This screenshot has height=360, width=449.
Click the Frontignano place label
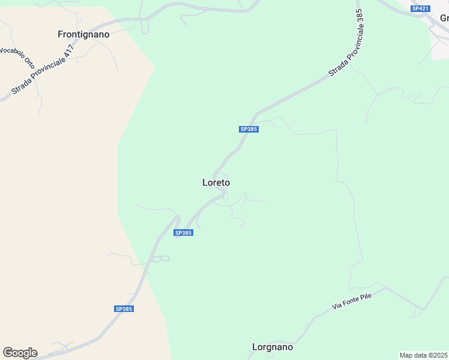[83, 35]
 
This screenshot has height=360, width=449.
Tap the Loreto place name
[216, 182]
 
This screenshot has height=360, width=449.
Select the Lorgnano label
[273, 347]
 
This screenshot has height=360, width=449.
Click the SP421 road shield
[420, 8]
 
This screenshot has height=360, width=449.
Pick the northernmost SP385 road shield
[249, 129]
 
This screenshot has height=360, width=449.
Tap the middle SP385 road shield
[184, 233]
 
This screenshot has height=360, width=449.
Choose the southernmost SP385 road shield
[124, 309]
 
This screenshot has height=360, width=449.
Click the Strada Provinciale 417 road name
[43, 70]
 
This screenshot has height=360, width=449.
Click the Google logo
[20, 353]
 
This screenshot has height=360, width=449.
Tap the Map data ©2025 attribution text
[423, 355]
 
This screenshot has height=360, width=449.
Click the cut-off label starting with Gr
[444, 18]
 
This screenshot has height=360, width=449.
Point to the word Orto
[29, 62]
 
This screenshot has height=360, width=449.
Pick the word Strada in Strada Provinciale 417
[20, 88]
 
